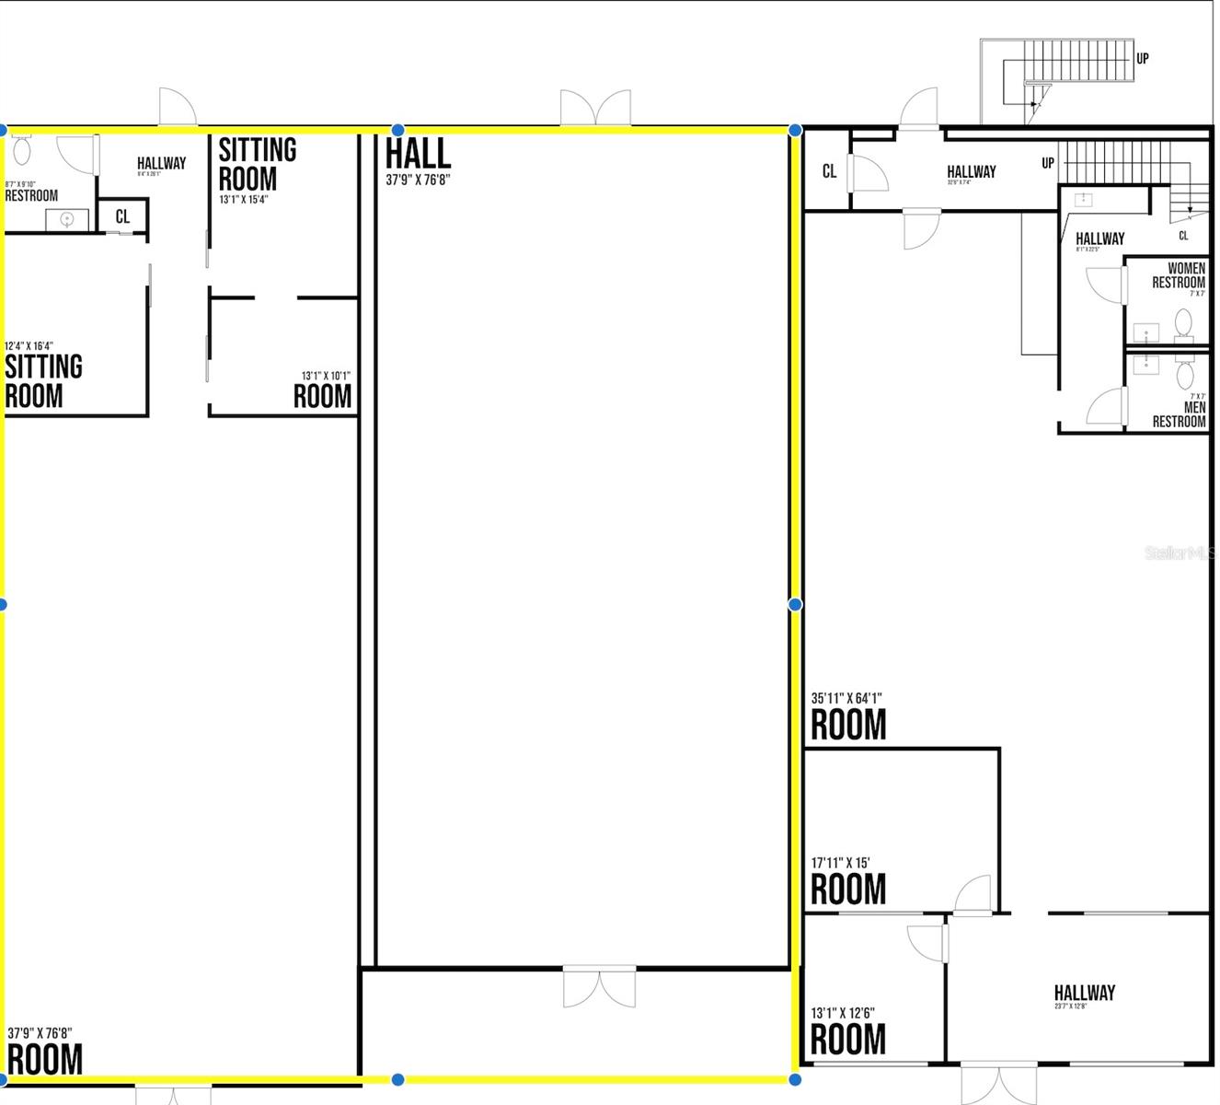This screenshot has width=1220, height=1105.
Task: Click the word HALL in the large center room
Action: pos(418,154)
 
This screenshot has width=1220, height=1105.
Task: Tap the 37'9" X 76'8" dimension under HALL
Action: pos(418,180)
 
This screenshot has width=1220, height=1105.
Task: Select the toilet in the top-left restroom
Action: pos(22,148)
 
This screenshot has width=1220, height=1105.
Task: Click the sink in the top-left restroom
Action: pos(66,219)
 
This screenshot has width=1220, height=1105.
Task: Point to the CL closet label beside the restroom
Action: pos(122,217)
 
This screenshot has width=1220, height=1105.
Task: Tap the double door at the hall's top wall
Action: pos(595,109)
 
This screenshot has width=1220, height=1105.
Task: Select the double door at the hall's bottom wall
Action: pos(599,986)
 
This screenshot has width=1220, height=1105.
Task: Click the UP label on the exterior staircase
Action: pos(1142,58)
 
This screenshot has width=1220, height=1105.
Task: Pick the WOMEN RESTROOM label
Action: pos(1179,275)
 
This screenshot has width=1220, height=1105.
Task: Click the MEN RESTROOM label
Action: pos(1180,414)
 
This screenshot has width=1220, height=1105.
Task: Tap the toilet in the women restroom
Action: pos(1183,324)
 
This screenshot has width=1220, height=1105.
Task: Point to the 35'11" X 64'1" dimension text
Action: pos(846,698)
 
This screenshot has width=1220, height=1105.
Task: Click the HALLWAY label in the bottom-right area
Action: pos(1084,993)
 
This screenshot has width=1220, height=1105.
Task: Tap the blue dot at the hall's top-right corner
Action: pos(795,130)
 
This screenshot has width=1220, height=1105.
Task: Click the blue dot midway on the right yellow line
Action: pos(795,604)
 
